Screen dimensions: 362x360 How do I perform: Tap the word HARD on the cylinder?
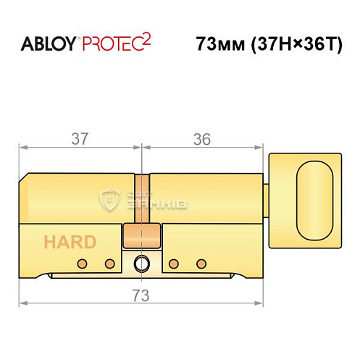[x=69, y=241]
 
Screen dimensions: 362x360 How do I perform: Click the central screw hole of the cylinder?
[x=142, y=263]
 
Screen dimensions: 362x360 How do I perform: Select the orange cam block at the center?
[x=141, y=236]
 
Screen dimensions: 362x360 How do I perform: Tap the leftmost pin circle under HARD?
[x=83, y=263]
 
